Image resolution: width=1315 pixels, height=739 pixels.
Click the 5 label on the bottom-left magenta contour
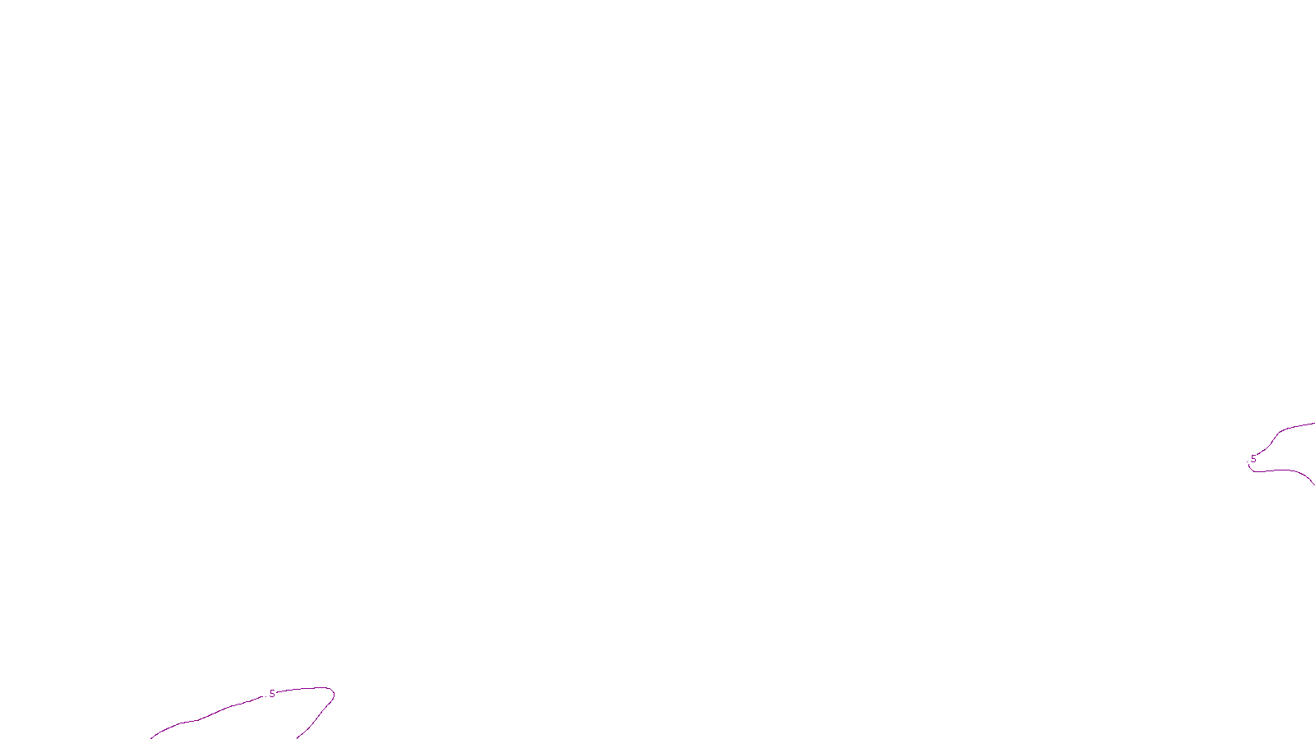click(x=272, y=694)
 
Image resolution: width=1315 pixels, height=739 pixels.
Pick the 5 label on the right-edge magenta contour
click(x=1253, y=459)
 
